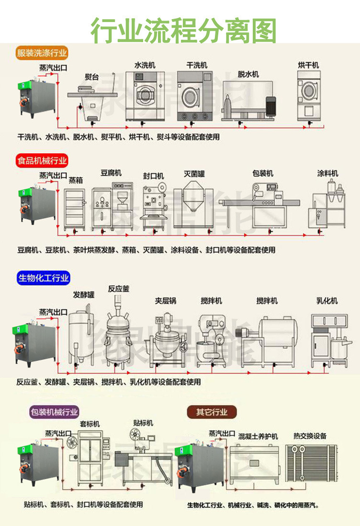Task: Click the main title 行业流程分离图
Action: pos(184,30)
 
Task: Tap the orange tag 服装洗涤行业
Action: pos(42,53)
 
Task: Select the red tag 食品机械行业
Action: pos(42,161)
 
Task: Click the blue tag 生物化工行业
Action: pos(44,278)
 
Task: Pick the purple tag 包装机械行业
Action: pos(54,411)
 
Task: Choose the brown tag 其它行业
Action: pos(211,411)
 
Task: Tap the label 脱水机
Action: pos(248,74)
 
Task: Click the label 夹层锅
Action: pos(166,301)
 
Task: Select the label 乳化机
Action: pos(327,301)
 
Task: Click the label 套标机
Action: pos(90,424)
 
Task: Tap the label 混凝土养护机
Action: pos(258,436)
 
